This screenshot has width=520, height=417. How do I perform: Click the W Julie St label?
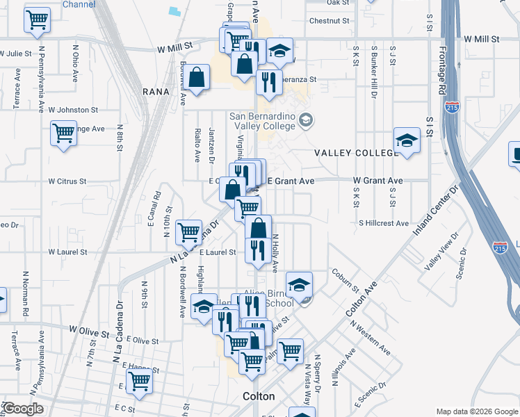click(x=16, y=53)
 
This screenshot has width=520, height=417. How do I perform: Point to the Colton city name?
click(x=259, y=396)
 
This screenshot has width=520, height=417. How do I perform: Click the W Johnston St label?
click(x=73, y=110)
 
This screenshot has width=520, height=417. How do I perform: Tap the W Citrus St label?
click(x=67, y=181)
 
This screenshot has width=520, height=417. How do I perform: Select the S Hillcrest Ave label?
click(x=384, y=223)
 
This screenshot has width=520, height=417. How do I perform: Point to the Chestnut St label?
click(x=329, y=21)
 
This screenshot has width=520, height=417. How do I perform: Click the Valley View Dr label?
click(x=438, y=252)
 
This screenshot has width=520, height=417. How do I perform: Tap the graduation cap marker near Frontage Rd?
click(x=407, y=140)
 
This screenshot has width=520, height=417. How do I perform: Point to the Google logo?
click(x=22, y=409)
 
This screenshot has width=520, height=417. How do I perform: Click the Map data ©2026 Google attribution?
click(x=477, y=411)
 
